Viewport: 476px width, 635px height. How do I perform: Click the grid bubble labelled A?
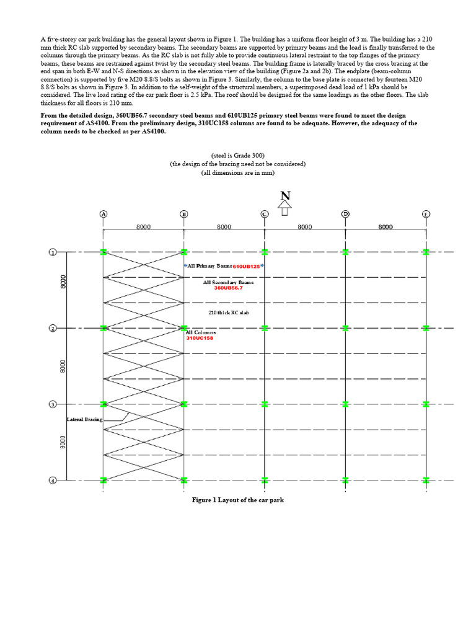pos(104,214)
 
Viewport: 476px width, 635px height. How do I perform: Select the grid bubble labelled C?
pos(265,214)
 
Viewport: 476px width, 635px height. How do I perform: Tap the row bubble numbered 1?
pos(53,252)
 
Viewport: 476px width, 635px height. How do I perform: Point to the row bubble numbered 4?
pos(53,480)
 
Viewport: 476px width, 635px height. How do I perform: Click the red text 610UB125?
pos(247,266)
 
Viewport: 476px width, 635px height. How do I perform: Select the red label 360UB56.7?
pos(229,288)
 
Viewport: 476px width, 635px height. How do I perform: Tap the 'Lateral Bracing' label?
pos(85,420)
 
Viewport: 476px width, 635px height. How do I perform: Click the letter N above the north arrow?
pos(284,195)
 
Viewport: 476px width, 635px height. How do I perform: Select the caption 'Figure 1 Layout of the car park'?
pos(238,500)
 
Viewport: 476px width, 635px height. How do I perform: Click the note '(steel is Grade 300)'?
pos(238,155)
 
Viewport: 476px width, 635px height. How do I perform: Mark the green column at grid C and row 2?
pos(265,328)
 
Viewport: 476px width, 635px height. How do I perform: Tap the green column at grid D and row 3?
pos(345,404)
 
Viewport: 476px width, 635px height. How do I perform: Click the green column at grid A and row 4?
pos(104,480)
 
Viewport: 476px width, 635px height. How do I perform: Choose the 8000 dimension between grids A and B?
pos(143,227)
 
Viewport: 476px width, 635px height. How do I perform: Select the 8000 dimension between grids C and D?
pos(304,227)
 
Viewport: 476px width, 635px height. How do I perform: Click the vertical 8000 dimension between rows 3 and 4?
pos(63,442)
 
